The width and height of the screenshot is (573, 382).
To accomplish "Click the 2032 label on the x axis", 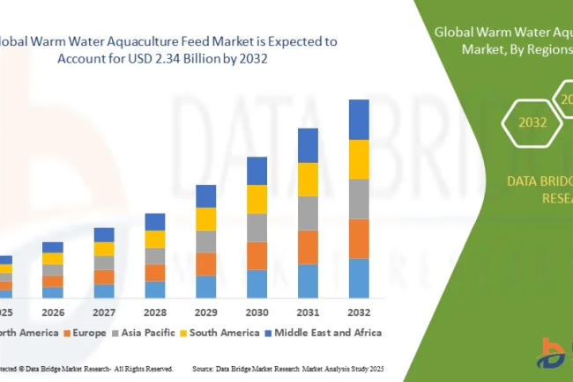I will [x=359, y=312].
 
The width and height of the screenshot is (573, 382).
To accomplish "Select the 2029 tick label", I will [x=205, y=312].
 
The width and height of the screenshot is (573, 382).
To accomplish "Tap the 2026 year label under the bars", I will [x=53, y=312].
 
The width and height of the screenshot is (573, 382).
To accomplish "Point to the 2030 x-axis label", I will [x=257, y=312].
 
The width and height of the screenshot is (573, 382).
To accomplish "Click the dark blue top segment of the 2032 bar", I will [x=359, y=119].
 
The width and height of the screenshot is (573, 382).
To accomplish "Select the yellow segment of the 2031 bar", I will [x=308, y=180].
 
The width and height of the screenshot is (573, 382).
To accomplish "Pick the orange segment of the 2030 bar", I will [x=257, y=255].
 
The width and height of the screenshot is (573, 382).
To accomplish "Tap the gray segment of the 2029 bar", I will [x=205, y=241].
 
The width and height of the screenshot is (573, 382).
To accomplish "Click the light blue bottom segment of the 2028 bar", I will [x=155, y=290].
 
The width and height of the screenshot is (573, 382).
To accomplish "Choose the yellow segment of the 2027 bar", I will [x=104, y=249].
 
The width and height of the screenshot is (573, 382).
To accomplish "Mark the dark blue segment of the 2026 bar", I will [x=53, y=247].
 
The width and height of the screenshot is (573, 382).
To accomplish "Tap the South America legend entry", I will [x=220, y=333].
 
